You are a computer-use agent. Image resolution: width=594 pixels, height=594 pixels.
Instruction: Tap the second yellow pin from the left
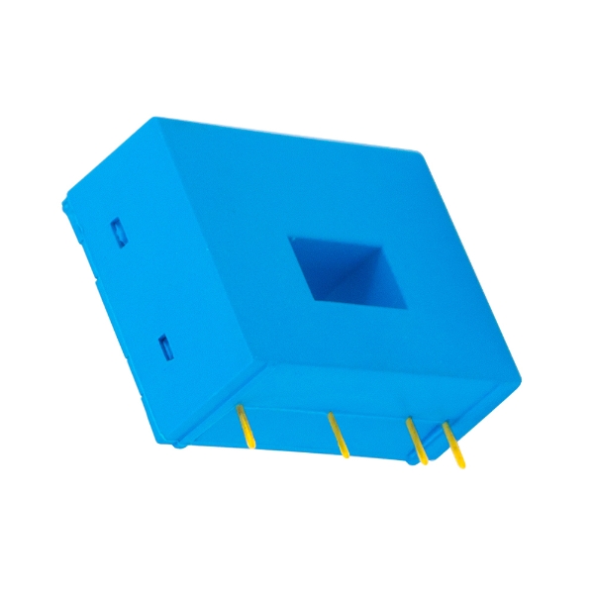[x=339, y=436]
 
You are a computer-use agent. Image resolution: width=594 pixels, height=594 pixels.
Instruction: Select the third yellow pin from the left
[x=418, y=441]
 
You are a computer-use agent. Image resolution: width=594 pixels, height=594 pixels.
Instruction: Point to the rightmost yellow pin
[x=453, y=444]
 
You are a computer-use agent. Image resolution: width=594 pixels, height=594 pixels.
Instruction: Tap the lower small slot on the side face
[x=165, y=346]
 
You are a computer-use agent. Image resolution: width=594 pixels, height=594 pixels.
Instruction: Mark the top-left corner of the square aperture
[x=288, y=237]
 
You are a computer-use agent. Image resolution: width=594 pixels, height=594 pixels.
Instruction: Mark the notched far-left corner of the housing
[x=62, y=203]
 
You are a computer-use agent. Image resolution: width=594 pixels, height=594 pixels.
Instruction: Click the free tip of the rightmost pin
[x=460, y=465]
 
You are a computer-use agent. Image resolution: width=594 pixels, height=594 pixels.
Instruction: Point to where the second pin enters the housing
[x=331, y=416]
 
